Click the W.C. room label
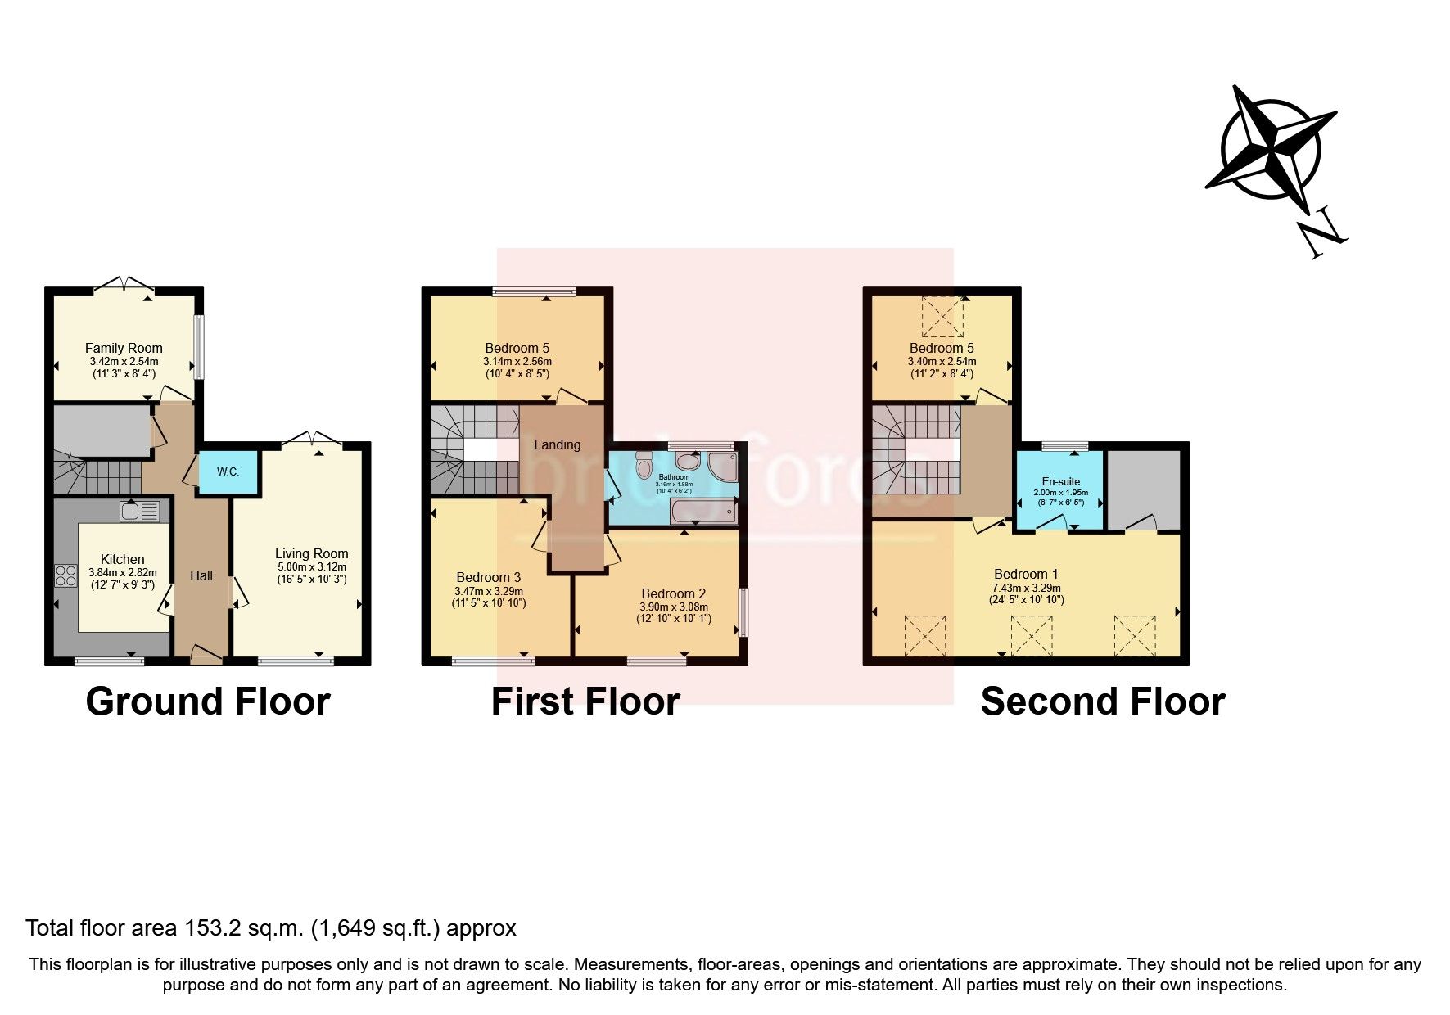(228, 472)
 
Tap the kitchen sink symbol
(139, 512)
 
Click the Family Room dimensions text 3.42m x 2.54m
(124, 361)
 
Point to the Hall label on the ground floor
(201, 575)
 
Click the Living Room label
(311, 554)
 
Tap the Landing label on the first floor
(557, 444)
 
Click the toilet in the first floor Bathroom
(643, 464)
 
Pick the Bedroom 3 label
(488, 577)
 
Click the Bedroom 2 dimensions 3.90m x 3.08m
(674, 607)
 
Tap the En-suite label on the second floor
(1060, 481)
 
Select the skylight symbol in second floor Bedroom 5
(942, 317)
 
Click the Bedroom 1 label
(1025, 574)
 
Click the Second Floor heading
(1102, 701)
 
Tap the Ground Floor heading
(207, 701)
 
